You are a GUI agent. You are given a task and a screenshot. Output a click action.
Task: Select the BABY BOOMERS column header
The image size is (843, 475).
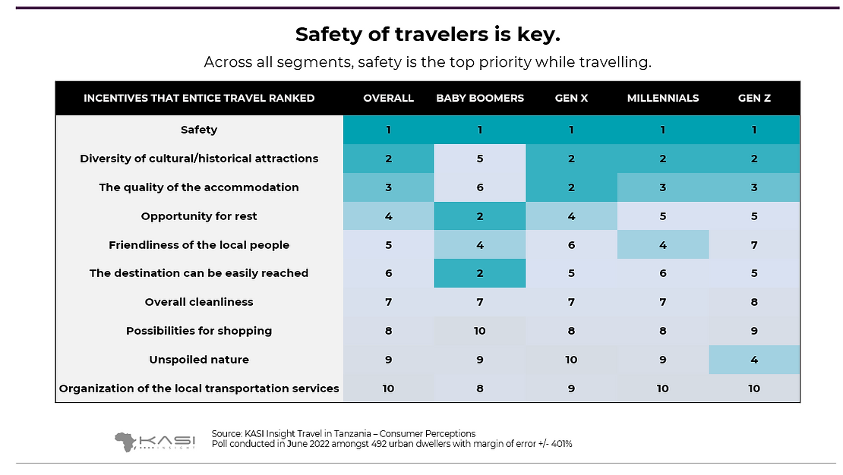480,98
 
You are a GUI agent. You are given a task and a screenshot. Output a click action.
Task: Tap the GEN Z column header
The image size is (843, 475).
754,98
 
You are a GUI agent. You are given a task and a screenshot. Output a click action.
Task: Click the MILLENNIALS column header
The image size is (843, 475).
662,98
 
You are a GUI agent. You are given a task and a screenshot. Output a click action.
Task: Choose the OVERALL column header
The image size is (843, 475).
388,98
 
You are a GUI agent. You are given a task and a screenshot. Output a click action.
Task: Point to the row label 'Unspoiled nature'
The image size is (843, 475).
199,360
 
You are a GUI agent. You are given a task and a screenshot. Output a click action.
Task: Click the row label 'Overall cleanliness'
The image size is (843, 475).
199,302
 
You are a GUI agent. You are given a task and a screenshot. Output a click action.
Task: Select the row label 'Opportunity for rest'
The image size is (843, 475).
199,216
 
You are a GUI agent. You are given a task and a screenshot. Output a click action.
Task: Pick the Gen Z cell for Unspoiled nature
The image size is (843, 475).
754,360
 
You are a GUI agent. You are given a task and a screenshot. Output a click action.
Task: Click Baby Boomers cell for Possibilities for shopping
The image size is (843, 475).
480,331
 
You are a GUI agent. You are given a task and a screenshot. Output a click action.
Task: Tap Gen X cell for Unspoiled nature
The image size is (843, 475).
571,360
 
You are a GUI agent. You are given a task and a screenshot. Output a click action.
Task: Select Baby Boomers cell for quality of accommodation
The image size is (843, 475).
480,187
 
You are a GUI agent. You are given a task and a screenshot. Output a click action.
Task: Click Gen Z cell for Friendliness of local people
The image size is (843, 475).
754,245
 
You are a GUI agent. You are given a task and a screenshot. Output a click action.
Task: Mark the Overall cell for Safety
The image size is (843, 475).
388,130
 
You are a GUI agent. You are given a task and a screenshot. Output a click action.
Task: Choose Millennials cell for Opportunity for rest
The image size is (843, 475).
662,216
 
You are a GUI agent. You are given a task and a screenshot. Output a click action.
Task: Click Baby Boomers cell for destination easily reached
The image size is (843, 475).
480,273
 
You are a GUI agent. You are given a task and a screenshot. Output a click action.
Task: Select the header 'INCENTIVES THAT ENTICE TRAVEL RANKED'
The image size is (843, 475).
199,98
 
